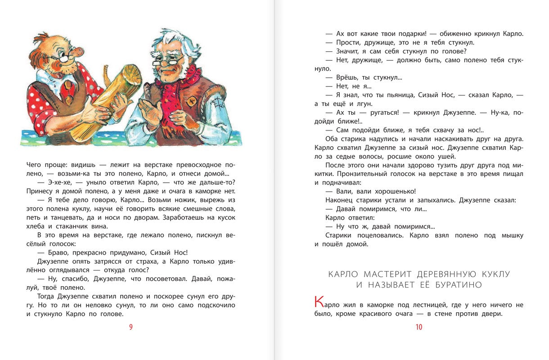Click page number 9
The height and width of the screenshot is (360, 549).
(131, 327)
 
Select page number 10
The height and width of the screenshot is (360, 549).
(418, 327)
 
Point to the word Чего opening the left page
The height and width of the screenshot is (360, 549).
(35, 165)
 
